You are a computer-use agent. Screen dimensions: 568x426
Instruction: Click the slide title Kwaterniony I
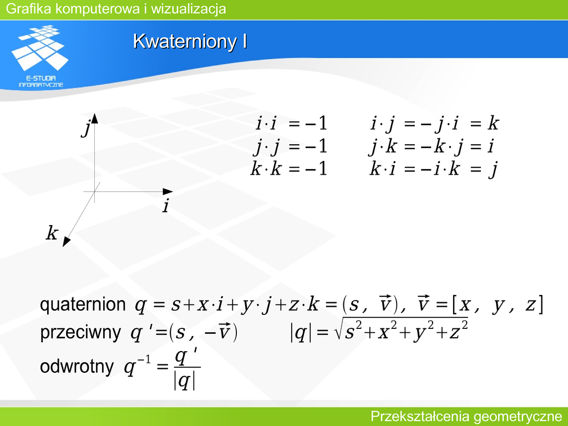pos(190,41)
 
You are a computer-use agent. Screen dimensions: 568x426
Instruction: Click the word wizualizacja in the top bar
pos(189,9)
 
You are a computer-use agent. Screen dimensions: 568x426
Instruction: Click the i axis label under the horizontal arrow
pos(166,206)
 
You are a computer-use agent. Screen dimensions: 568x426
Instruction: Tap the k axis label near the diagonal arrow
pos(52,232)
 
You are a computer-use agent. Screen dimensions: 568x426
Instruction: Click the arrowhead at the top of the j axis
pos(94,119)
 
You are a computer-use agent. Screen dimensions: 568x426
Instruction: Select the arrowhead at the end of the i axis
pos(168,191)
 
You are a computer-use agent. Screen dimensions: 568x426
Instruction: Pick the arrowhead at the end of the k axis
pos(66,242)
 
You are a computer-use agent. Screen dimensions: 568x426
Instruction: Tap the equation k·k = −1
pos(289,169)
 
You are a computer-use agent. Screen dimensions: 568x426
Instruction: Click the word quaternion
pos(83,305)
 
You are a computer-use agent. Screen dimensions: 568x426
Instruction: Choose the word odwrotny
pos(77,366)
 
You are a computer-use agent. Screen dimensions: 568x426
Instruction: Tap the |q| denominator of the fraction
pos(184,381)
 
